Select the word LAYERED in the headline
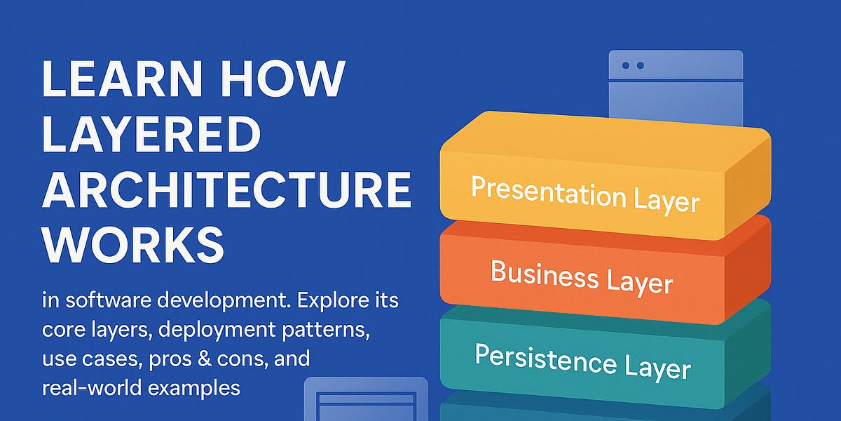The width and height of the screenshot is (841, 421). pyautogui.click(x=151, y=135)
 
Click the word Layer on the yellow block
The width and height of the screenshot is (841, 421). pyautogui.click(x=666, y=201)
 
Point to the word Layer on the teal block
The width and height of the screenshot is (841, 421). pyautogui.click(x=659, y=367)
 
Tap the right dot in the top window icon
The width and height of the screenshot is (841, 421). pyautogui.click(x=640, y=65)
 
